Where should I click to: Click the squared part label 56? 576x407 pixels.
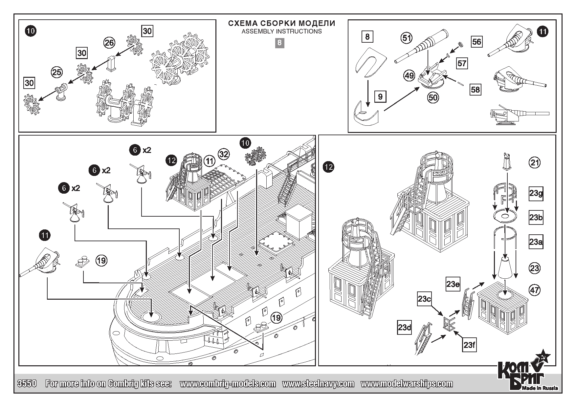pos(476,42)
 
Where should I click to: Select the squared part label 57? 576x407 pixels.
pos(462,63)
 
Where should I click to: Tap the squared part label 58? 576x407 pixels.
pos(475,90)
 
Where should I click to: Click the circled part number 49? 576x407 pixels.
pos(409,76)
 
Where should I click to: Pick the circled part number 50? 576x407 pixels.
pos(433,97)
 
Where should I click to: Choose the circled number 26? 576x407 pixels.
pos(109,43)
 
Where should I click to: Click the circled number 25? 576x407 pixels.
pos(57,72)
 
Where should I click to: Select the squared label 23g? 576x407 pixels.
pos(536,194)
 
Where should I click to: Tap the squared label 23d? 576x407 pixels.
pos(405,328)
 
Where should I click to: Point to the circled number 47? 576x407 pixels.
pos(535,290)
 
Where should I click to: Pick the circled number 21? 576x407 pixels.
pos(535,162)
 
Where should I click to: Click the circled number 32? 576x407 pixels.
pos(224,154)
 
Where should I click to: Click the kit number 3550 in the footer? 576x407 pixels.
pos(26,384)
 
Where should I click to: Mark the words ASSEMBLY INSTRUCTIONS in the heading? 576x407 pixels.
pos(281,32)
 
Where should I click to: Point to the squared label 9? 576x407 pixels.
pos(380,97)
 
